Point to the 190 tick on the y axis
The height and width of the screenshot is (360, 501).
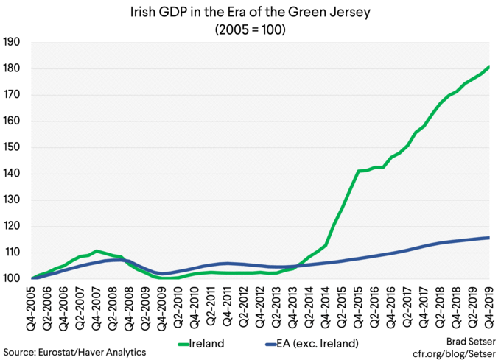pos(14,43)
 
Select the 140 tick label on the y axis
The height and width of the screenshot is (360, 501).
pos(14,174)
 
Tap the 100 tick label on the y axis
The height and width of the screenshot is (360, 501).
pos(14,279)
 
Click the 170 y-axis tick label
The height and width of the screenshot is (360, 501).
pos(14,95)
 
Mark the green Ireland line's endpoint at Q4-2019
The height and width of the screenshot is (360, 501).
pos(490,67)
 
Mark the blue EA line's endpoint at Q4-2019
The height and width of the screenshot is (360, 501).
pos(490,238)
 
